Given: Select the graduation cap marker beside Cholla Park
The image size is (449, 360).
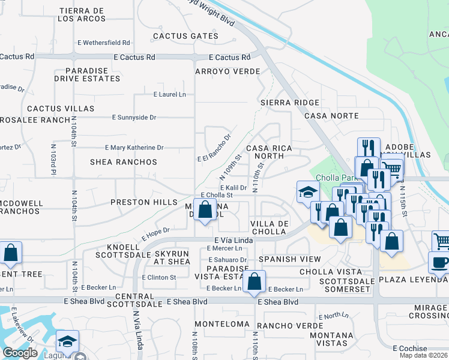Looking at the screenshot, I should coord(307,193).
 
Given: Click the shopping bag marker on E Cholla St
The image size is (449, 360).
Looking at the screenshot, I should coord(205,210).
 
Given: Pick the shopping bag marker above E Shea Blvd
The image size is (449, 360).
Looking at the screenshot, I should coord(254,281).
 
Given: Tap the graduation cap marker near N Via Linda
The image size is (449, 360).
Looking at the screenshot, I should coord(68,341).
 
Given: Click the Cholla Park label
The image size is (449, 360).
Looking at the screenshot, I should coord(337,179).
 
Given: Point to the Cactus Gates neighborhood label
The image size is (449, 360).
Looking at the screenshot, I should coord(185,36).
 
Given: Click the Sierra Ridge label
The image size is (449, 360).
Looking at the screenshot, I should coord(290,103).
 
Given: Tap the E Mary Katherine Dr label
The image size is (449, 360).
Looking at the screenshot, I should coord(134,147).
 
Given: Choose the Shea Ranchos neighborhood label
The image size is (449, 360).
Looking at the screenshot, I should coord(123,162).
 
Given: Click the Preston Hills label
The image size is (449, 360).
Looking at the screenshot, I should coord(144,203).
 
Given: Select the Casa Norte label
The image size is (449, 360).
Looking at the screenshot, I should coord(331,116).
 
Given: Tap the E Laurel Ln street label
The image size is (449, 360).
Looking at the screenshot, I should coord(170,94).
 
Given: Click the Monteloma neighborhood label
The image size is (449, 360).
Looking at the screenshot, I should coord(226,324).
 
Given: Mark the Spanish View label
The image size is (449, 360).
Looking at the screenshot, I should coord(290,259).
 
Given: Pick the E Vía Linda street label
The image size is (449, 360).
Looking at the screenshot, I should coord(231,240).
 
